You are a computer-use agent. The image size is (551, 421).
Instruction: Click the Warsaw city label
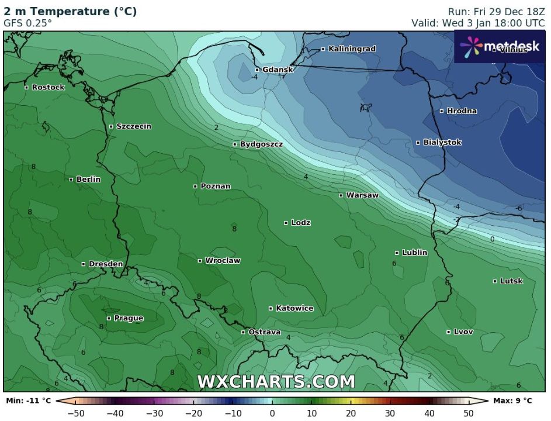coord(362,195)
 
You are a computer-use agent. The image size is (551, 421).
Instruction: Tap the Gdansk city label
coord(278,70)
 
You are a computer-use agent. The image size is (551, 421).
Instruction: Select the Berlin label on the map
coord(88,180)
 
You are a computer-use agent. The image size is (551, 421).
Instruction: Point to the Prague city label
coord(129,318)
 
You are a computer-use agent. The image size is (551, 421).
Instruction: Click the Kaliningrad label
coord(352,49)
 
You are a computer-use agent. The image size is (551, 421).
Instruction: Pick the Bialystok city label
coord(442,143)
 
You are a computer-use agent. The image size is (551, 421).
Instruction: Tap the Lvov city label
coord(463,332)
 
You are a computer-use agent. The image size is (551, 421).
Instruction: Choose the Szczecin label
coord(134,126)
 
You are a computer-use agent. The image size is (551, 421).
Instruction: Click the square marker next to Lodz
coord(286,223)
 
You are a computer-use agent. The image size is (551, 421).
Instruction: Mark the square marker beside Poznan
coord(196,187)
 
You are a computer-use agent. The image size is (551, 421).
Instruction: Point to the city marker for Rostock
coord(26,87)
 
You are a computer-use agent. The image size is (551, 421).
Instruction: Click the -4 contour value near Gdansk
coord(255,77)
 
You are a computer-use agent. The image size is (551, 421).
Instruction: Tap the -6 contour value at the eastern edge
coord(519,208)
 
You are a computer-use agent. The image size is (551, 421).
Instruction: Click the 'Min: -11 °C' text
coord(28,401)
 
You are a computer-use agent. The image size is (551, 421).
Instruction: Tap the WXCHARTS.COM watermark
coord(276,382)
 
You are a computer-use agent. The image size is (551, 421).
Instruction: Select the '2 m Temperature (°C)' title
coord(70,12)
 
